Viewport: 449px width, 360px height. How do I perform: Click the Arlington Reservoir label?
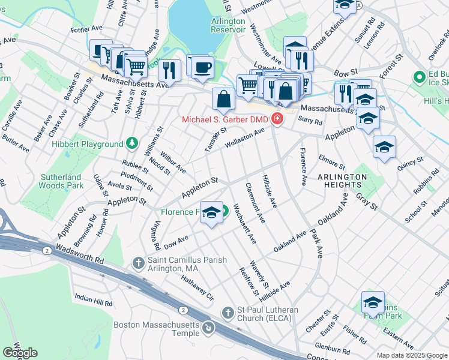click(228, 25)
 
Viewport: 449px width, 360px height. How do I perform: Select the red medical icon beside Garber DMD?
click(277, 119)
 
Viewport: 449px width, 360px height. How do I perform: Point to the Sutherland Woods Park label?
click(61, 182)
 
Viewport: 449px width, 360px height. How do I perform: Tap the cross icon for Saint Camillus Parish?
click(138, 262)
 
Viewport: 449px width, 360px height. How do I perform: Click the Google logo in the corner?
click(20, 353)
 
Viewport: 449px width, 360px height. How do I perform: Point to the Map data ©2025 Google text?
click(412, 355)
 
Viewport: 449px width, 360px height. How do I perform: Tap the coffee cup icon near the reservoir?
click(201, 66)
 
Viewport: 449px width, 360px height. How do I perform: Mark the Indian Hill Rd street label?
click(93, 300)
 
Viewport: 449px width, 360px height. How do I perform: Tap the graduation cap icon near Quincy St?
click(384, 146)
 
